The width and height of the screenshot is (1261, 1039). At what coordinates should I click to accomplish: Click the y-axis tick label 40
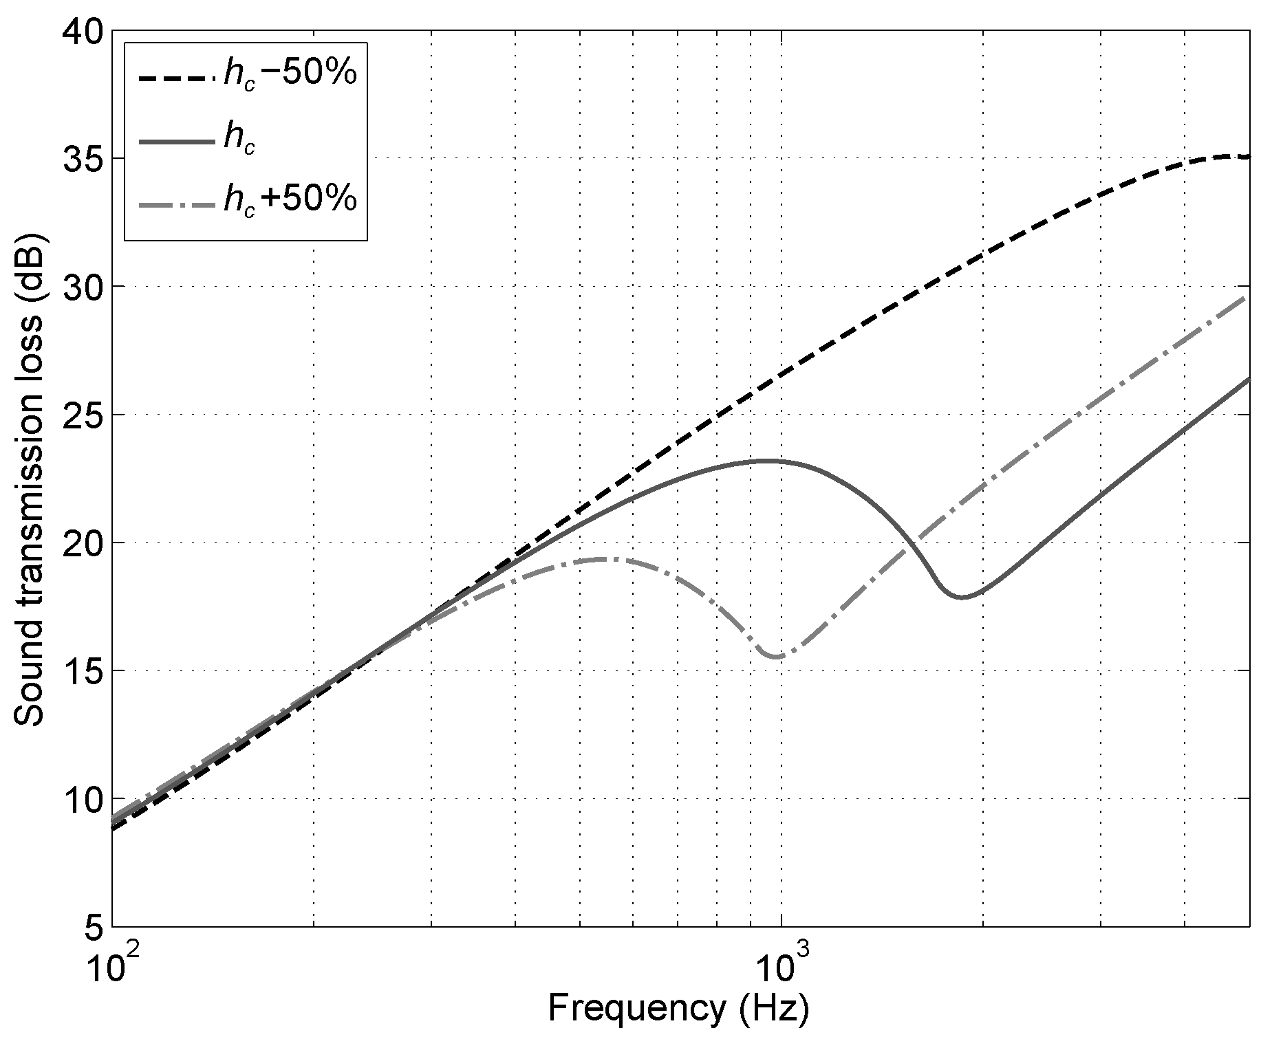click(82, 32)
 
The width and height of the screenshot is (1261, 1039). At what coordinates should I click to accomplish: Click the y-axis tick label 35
click(82, 159)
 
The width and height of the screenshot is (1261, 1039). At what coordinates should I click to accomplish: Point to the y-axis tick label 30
click(82, 287)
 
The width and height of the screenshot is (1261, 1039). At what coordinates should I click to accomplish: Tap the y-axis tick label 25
click(82, 415)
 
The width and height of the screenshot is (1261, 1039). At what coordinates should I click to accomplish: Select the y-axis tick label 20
click(82, 543)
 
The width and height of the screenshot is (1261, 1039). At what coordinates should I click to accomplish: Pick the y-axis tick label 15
click(82, 670)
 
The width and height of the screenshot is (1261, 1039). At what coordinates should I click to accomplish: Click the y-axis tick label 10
click(82, 798)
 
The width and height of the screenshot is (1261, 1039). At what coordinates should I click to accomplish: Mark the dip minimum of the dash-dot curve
click(777, 657)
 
